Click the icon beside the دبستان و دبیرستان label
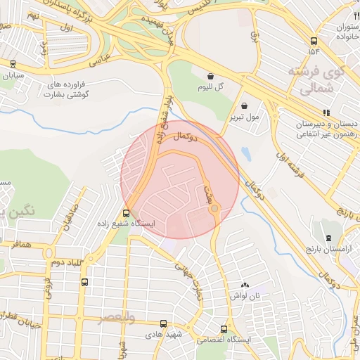(326, 112)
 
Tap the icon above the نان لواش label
(245, 285)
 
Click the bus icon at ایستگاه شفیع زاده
(127, 213)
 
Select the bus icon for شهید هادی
(163, 324)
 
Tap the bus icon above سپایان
(13, 63)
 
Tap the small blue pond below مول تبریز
(245, 153)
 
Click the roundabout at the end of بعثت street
(214, 207)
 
